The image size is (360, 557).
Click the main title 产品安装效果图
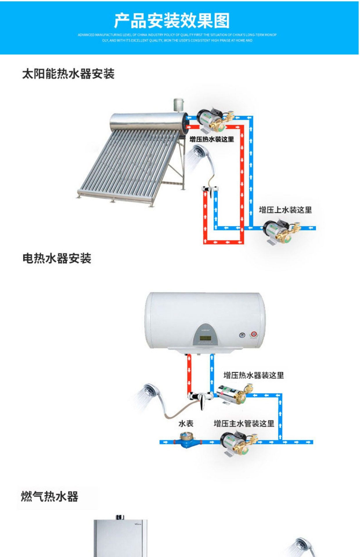[x=172, y=21]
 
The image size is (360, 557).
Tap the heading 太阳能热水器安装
[x=68, y=74]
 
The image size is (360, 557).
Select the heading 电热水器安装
[x=57, y=258]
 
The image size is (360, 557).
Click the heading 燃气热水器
[x=50, y=496]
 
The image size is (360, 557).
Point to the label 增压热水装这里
[x=212, y=139]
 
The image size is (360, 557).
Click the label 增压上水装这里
[x=285, y=210]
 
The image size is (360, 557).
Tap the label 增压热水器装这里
[x=253, y=375]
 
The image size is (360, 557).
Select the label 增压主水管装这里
[x=244, y=424]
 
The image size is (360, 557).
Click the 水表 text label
[x=186, y=424]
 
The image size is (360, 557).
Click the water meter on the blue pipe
[x=185, y=441]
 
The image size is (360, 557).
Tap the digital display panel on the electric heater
[x=205, y=338]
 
